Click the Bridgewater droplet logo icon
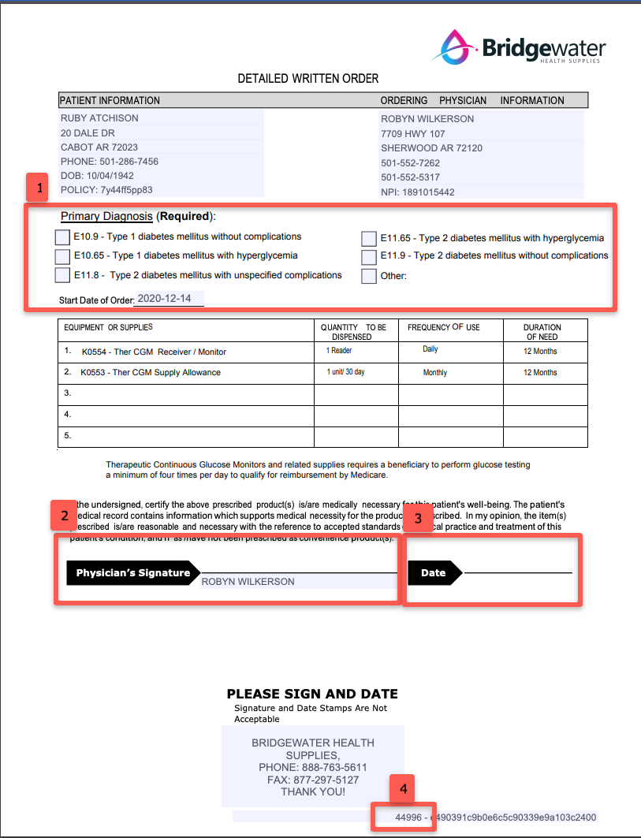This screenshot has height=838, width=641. click(455, 47)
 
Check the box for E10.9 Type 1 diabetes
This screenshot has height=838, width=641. click(62, 237)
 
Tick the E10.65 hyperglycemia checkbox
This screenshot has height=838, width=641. click(62, 256)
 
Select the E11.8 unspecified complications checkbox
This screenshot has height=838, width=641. click(62, 275)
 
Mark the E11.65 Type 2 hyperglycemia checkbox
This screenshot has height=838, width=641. click(368, 238)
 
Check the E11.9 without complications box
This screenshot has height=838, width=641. click(368, 257)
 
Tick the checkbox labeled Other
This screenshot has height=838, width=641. click(368, 276)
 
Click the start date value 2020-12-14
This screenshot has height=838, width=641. click(169, 299)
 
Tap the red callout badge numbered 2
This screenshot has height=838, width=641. click(64, 516)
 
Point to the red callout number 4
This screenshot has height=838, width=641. click(402, 788)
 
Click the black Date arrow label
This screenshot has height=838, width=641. click(434, 573)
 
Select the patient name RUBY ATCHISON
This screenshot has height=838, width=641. click(99, 118)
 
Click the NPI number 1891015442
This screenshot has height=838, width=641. click(429, 192)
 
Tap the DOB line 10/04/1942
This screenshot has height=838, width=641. click(97, 176)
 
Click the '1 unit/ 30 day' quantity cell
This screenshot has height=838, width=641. click(346, 372)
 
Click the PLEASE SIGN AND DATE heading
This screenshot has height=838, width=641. click(312, 695)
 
